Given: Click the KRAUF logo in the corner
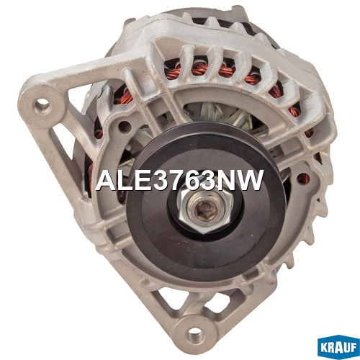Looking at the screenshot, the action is click(338, 347).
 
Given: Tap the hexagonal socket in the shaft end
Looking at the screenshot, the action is click(205, 210).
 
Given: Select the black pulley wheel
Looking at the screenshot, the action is click(206, 201).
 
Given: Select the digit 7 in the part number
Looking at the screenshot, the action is click(179, 181).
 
